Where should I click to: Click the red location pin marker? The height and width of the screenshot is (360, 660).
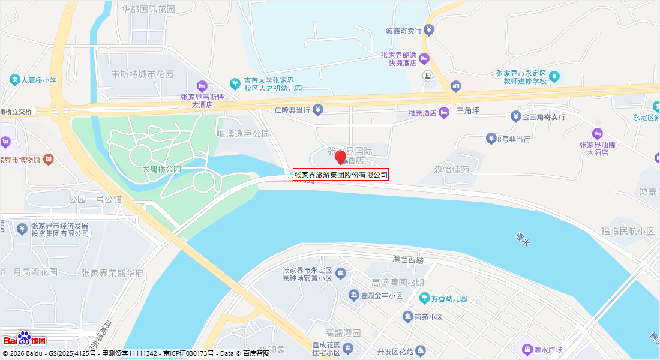click(x=340, y=157)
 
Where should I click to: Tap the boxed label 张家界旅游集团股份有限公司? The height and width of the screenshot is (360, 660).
click(x=341, y=175)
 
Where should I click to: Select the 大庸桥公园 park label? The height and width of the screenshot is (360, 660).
click(x=161, y=169)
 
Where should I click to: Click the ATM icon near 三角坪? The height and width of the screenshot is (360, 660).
click(x=456, y=86)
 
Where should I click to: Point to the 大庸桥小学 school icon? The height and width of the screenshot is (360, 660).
click(x=14, y=79)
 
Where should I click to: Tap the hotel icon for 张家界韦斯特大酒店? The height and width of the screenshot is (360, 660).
click(x=202, y=86)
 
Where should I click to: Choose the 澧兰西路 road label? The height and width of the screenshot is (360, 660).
click(x=408, y=260)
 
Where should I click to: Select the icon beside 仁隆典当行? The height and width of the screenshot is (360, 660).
click(x=318, y=110)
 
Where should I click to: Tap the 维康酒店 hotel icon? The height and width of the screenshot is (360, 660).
click(x=444, y=113)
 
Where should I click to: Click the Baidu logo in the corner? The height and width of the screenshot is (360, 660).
click(x=24, y=339)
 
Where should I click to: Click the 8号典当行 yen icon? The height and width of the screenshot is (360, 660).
click(x=491, y=139)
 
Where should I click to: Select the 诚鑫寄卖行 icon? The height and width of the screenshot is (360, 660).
click(x=428, y=29)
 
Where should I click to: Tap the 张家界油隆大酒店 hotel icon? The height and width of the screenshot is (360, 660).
click(x=596, y=133)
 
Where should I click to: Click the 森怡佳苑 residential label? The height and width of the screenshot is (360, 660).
click(x=452, y=170)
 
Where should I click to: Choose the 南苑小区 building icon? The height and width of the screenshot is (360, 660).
click(x=407, y=317)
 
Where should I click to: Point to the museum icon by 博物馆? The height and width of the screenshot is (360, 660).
click(x=49, y=160)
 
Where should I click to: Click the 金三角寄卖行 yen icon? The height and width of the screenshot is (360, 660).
click(x=515, y=116)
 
